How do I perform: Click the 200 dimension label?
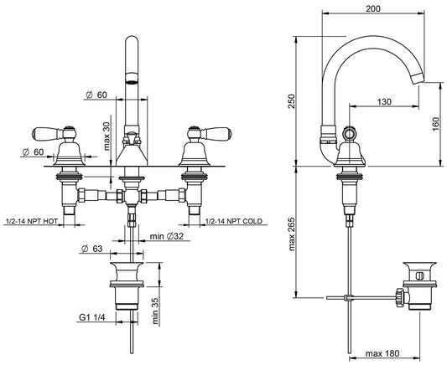373,8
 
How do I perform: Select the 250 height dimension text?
292,101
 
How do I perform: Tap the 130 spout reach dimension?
384,101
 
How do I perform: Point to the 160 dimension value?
436,124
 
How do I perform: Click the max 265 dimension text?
292,234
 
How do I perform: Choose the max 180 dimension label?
382,353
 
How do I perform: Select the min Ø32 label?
167,236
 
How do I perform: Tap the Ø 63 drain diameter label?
91,249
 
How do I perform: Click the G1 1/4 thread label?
92,317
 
